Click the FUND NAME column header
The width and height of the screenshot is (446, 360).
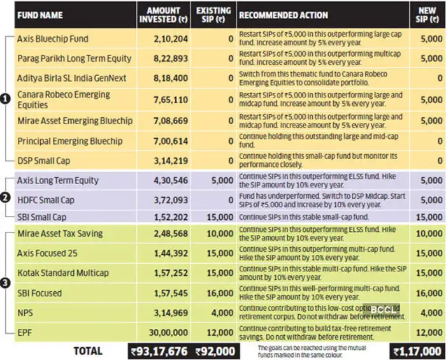(40, 14)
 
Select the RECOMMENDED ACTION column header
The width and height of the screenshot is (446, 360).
(284, 15)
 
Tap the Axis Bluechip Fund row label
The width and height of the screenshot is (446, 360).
(52, 38)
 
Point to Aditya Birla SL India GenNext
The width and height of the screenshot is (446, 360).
(71, 78)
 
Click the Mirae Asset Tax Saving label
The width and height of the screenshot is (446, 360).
(60, 234)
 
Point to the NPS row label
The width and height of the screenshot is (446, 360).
(25, 313)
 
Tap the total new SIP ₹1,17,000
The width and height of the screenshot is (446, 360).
(417, 351)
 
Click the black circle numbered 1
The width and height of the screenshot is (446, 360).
(5, 99)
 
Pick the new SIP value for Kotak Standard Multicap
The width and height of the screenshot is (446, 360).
(431, 273)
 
